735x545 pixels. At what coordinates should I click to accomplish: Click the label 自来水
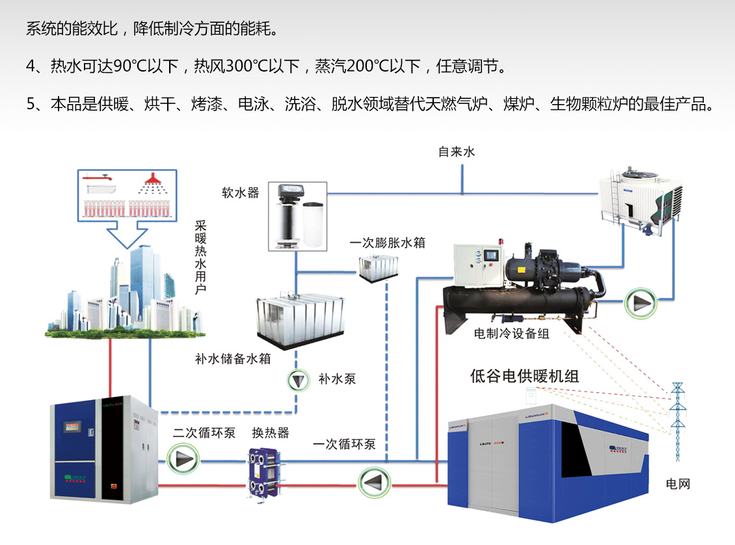[457, 152]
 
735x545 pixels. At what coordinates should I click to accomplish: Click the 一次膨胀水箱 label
[387, 243]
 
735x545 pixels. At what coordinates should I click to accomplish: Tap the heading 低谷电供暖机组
[524, 377]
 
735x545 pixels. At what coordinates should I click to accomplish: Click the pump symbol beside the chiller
[640, 303]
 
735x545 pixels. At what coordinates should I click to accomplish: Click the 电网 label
[678, 483]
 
